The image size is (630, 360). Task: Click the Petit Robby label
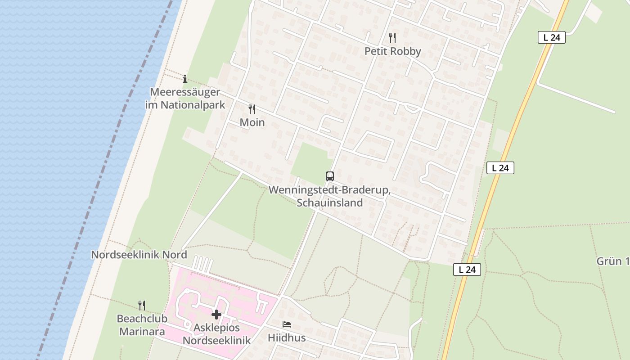pyautogui.click(x=392, y=51)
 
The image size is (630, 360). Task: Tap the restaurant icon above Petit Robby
pyautogui.click(x=392, y=38)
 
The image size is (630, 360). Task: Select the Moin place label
pyautogui.click(x=252, y=122)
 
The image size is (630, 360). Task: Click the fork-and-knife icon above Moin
pyautogui.click(x=252, y=109)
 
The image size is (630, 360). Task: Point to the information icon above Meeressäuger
pyautogui.click(x=184, y=79)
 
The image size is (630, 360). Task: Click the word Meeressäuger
pyautogui.click(x=185, y=92)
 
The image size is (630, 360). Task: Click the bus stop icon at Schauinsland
pyautogui.click(x=330, y=176)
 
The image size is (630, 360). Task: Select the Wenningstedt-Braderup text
pyautogui.click(x=329, y=190)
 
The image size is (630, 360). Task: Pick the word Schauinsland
pyautogui.click(x=329, y=202)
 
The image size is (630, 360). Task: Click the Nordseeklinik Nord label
pyautogui.click(x=139, y=255)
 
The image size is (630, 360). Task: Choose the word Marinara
pyautogui.click(x=142, y=332)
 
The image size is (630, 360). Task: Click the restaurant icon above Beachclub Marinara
pyautogui.click(x=142, y=306)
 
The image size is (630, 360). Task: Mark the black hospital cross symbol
pyautogui.click(x=216, y=314)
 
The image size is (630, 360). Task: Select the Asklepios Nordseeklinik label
pyautogui.click(x=216, y=333)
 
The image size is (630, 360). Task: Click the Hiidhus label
pyautogui.click(x=287, y=337)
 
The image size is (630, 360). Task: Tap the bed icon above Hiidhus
pyautogui.click(x=287, y=324)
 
